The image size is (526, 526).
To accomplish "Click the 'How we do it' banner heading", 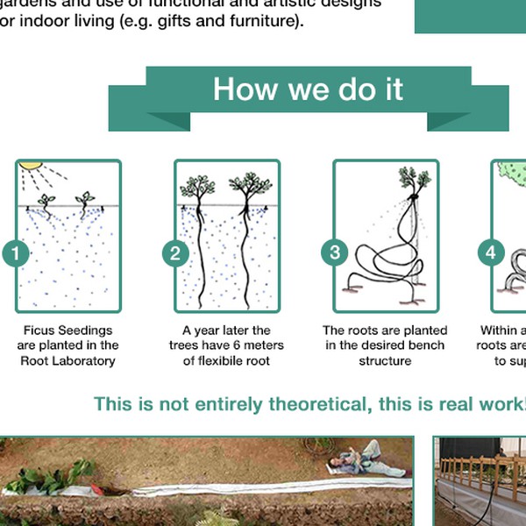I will pos(308,89).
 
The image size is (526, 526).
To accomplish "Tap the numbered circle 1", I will pos(16,254).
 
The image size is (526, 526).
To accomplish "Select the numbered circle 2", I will pos(175,254).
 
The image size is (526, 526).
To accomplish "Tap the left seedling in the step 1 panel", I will pos(46,200).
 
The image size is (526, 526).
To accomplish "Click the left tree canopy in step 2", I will pos(198,187).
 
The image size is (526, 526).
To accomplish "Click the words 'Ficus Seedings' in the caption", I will pos(68,331).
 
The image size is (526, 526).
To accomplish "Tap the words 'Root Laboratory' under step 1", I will pos(68,360).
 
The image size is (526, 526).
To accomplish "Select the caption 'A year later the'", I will pos(226,331).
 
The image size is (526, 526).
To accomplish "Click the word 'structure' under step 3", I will pos(385,360).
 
